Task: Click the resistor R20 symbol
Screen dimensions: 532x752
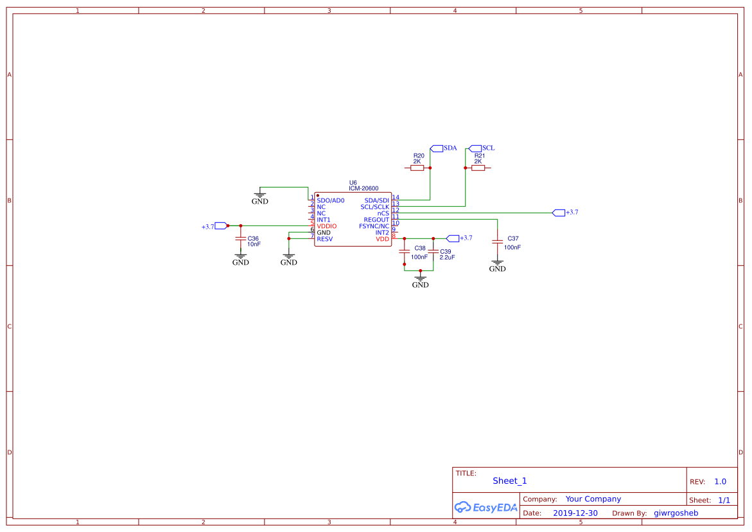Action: [417, 168]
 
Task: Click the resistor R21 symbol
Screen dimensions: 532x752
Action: [478, 168]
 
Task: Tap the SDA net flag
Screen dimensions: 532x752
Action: [437, 148]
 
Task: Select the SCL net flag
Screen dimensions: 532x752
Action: [476, 148]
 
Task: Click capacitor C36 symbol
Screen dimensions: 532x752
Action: [241, 242]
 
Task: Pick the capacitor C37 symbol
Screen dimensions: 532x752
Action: [497, 242]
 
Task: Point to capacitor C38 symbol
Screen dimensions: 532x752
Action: [405, 251]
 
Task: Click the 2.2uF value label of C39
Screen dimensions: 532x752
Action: [447, 257]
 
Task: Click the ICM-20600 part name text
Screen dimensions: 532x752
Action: [363, 188]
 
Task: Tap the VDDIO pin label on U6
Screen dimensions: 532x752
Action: [326, 226]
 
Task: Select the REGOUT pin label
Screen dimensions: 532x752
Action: [376, 220]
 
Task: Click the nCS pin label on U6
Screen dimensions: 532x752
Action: [383, 213]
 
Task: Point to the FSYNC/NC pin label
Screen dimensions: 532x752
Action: [374, 226]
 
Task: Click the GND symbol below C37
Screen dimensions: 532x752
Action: [497, 265]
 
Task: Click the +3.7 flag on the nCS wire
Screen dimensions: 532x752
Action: [559, 213]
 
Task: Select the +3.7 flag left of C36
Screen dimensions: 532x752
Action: [221, 226]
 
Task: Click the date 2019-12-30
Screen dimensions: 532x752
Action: [575, 513]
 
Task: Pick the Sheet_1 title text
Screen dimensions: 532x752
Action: [509, 481]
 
